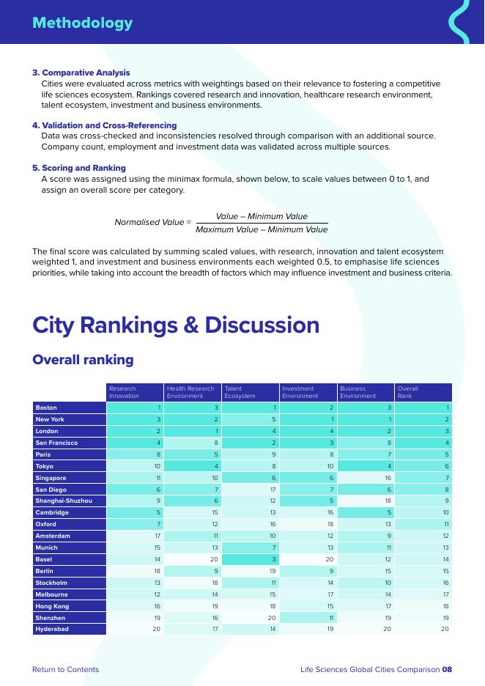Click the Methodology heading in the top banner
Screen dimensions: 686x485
82,23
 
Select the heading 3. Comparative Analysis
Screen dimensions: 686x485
81,73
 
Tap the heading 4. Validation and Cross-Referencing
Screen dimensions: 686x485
104,125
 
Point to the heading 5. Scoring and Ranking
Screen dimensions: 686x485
78,168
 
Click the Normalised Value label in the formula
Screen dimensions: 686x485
152,222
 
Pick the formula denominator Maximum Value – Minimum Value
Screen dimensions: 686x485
262,229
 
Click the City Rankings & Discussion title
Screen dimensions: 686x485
176,325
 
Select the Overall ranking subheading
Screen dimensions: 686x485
83,360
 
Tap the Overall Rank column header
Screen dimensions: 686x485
423,392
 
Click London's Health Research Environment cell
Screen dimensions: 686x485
192,431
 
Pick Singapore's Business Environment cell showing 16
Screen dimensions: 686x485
365,477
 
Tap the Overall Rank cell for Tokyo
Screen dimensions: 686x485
423,466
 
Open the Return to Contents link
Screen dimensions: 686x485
65,669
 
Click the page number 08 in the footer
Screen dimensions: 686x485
447,669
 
